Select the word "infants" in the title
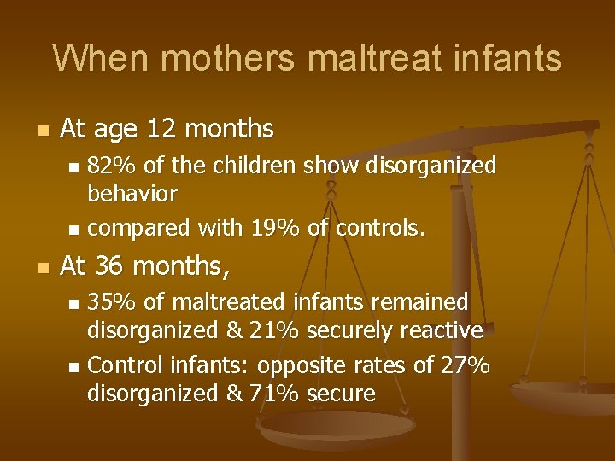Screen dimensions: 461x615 coord(507,59)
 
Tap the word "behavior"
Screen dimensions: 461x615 coord(132,194)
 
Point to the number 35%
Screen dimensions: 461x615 coord(108,301)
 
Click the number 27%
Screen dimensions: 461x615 coord(466,365)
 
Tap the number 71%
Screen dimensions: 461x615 coord(272,394)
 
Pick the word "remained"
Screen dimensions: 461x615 coord(423,301)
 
